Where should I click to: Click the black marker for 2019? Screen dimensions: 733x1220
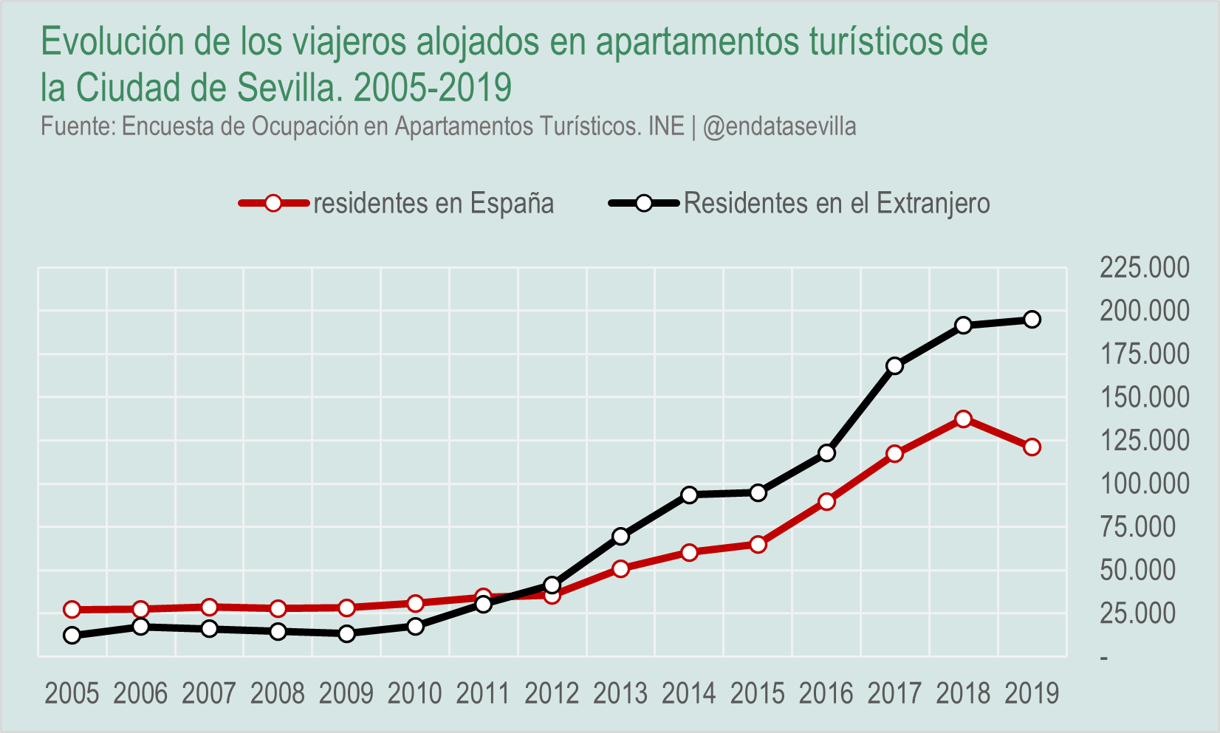1032,320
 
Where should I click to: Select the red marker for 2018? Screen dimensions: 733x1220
963,419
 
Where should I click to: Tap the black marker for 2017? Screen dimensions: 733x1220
894,366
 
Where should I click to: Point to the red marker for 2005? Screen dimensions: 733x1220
72,610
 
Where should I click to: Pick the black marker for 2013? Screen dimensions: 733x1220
620,537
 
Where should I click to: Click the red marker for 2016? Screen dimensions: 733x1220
826,502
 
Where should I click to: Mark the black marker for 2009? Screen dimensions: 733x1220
346,633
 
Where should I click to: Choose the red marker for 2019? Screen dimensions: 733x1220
1032,447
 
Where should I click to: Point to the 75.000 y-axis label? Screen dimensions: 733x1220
1137,527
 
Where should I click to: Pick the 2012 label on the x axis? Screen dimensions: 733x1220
552,694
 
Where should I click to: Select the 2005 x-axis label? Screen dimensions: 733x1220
72,694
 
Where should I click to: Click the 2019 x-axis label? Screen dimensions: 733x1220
1032,694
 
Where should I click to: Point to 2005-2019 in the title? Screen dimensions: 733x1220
433,88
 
